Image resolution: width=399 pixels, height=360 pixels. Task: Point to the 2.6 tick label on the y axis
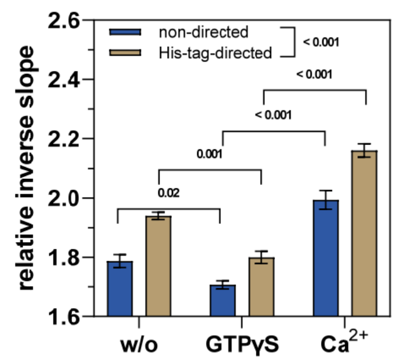[63, 21]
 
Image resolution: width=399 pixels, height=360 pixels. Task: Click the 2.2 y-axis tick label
[63, 139]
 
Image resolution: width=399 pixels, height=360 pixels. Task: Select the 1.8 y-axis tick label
[63, 258]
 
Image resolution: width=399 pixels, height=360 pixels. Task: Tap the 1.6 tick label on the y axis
[63, 317]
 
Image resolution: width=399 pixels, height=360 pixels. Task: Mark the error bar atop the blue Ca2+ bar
[326, 200]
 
